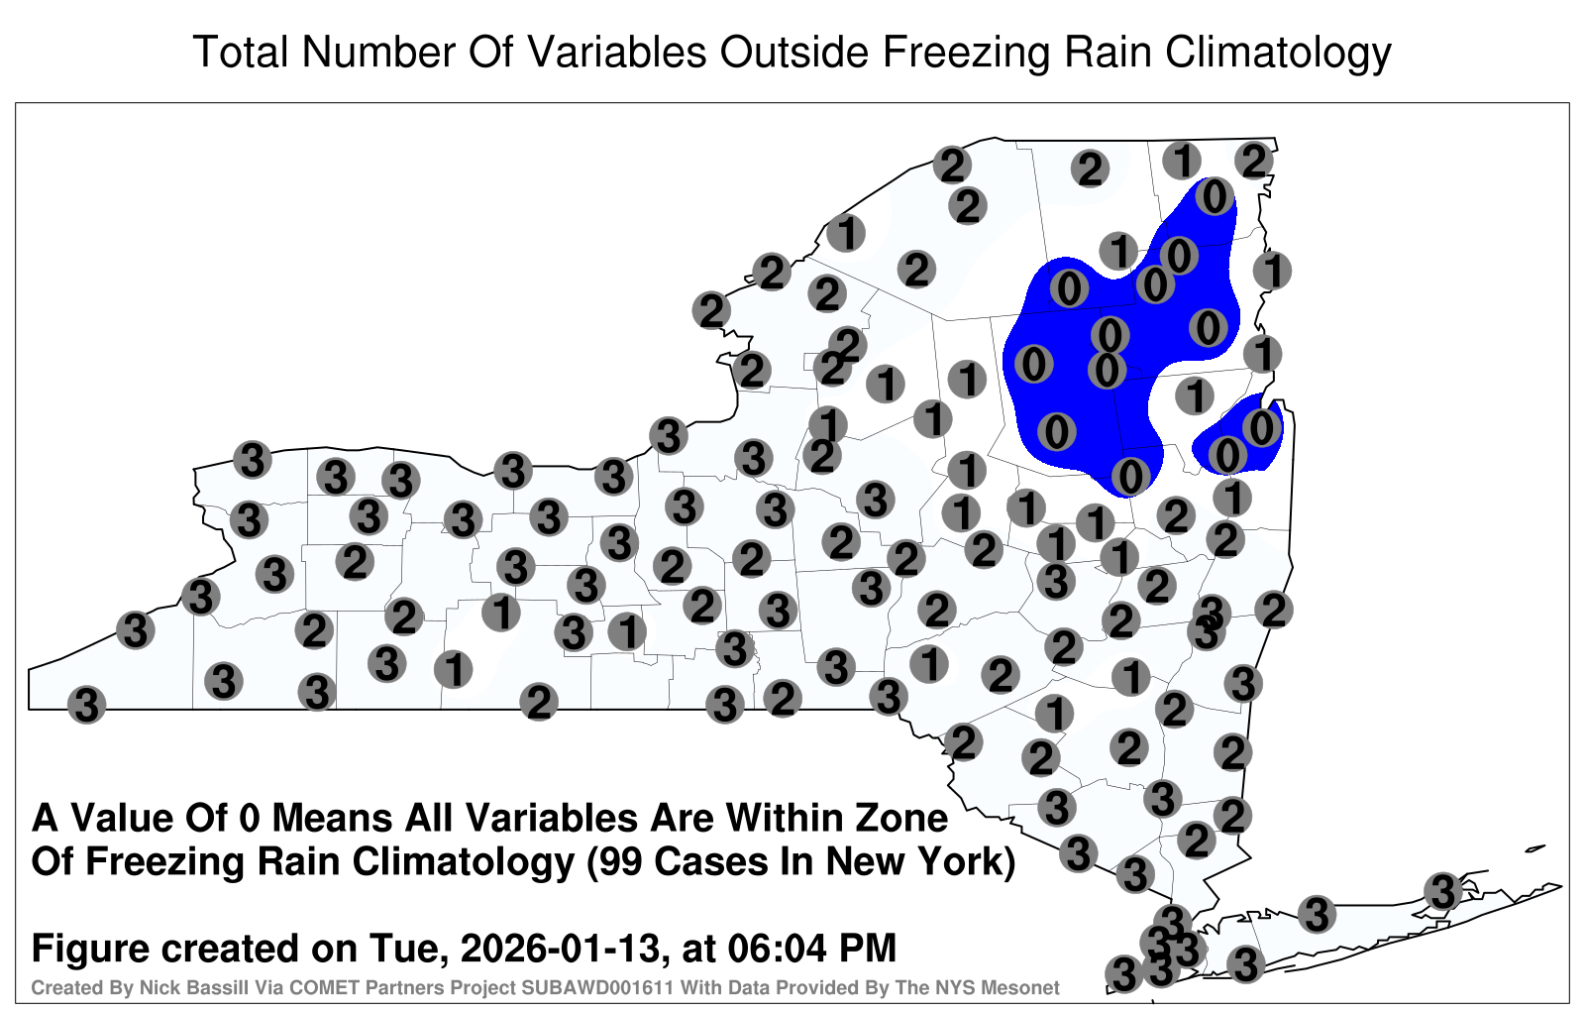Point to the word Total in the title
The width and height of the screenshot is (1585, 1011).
click(241, 52)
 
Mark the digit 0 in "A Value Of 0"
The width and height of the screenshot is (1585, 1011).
click(252, 819)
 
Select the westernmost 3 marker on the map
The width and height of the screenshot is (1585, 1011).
click(86, 705)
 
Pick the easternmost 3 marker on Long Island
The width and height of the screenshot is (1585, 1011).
click(1442, 891)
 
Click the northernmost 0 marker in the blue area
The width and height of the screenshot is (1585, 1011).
click(1215, 197)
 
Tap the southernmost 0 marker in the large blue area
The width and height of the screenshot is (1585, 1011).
click(1130, 476)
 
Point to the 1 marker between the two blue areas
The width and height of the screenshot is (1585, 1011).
click(1195, 395)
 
